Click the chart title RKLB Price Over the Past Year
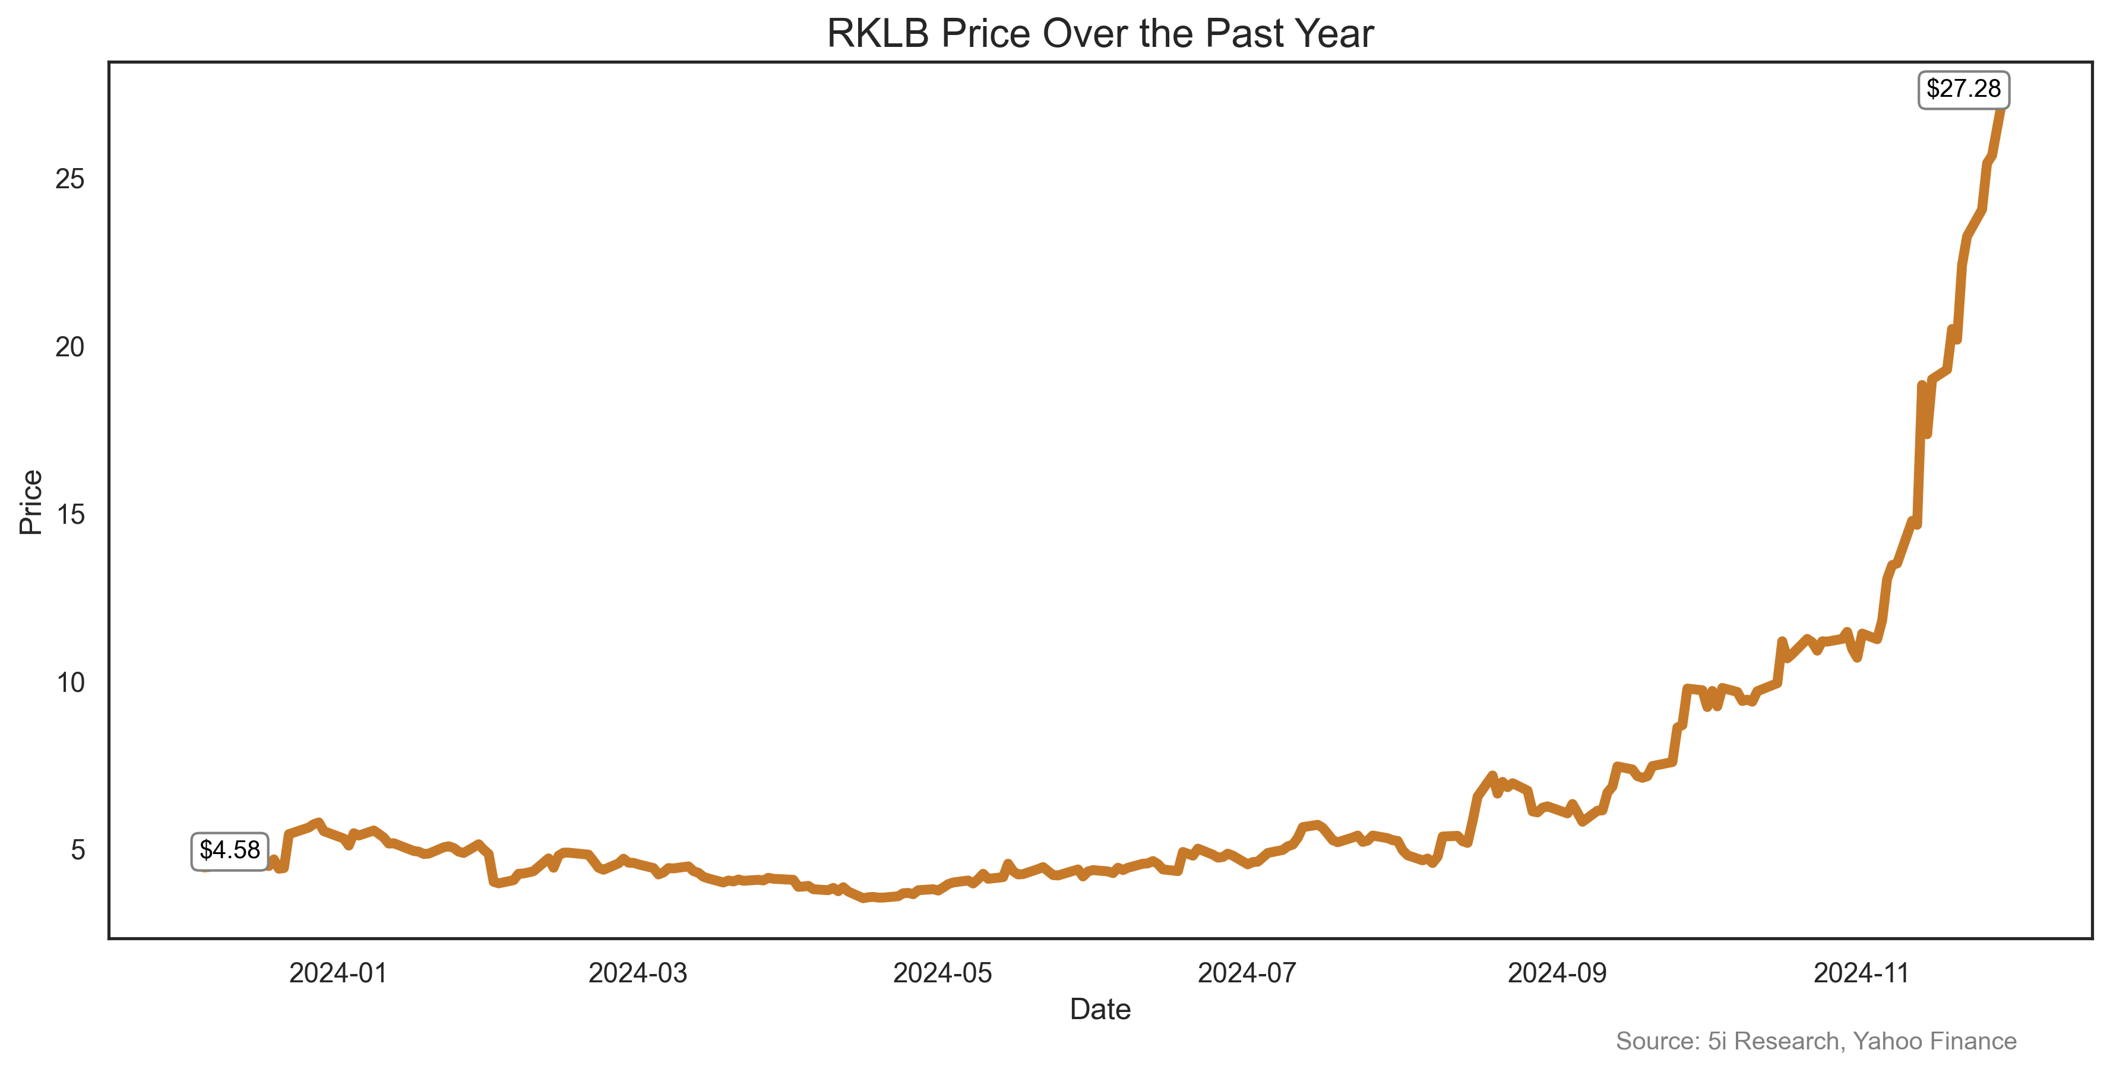click(1099, 34)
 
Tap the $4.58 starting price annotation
click(229, 850)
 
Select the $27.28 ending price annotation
click(1963, 88)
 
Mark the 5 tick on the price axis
click(77, 851)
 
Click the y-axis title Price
click(31, 502)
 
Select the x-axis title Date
click(1099, 1010)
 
